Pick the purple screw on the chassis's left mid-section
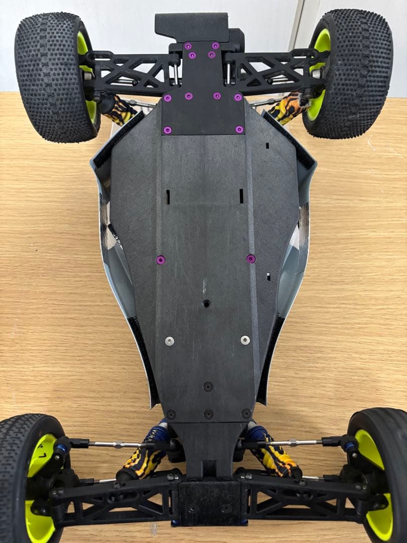[160, 259]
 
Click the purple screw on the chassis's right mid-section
[251, 258]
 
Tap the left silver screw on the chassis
[169, 341]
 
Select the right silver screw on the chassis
[245, 340]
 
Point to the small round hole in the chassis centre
[207, 304]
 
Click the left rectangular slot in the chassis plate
[168, 196]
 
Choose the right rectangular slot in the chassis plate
[242, 196]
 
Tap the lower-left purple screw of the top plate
[167, 130]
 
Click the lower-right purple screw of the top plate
[239, 130]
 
